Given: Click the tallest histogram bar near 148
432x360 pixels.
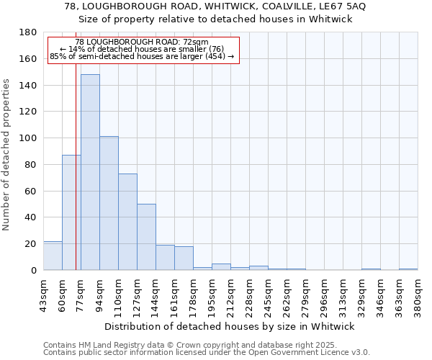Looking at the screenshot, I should tap(90, 173).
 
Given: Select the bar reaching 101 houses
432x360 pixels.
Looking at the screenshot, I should tap(109, 203).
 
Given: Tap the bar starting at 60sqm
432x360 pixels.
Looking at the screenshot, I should tap(71, 212).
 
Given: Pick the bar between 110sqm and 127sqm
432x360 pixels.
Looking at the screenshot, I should tap(127, 222).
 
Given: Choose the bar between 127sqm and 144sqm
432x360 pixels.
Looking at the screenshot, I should tap(146, 237).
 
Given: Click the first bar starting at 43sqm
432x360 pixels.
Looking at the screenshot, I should tap(53, 256).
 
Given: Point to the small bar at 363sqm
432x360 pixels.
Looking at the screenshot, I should tap(408, 269).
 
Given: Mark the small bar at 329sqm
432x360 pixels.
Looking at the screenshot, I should tap(371, 269).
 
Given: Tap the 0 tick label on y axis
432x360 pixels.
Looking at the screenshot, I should tap(34, 270).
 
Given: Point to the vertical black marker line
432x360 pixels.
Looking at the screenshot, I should tap(76, 166).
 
